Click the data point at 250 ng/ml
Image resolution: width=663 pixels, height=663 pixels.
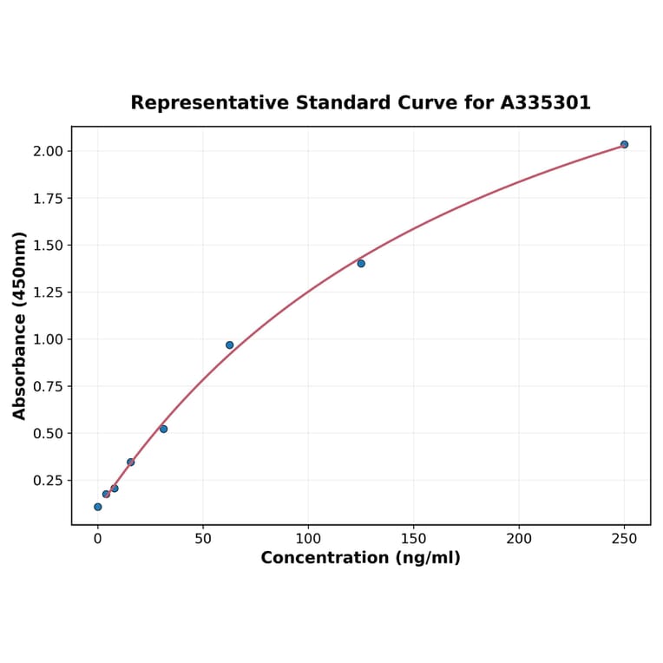624,144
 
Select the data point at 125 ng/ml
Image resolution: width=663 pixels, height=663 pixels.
361,263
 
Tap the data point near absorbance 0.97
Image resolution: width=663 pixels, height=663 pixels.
230,345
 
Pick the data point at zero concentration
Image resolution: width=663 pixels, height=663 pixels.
97,507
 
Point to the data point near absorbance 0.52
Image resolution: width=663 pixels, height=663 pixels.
163,429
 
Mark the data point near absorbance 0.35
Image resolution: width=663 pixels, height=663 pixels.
130,462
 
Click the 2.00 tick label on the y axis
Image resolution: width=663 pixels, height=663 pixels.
48,151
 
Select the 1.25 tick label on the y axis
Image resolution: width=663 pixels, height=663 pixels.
48,292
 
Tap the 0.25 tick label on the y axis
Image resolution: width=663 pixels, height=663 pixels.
48,480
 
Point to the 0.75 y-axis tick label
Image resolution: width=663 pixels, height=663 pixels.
48,386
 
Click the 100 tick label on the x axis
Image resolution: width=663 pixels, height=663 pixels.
308,539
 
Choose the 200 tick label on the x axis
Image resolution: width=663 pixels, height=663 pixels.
519,539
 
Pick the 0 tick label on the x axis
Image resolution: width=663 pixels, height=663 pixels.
97,539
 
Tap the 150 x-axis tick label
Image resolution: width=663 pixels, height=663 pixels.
414,539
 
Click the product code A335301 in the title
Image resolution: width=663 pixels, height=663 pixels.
546,102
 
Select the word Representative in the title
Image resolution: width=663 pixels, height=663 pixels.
210,102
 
